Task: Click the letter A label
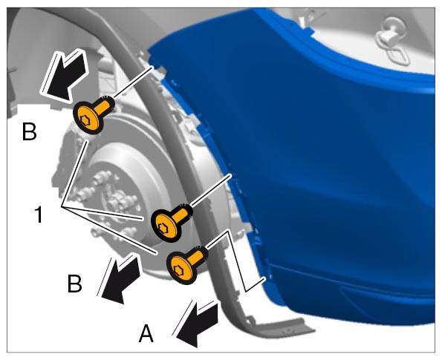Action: click(x=146, y=334)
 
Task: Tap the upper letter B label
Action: click(x=29, y=131)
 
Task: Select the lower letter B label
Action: click(x=75, y=283)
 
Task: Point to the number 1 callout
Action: click(x=39, y=215)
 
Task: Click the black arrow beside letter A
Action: click(x=196, y=324)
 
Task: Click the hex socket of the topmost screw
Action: click(x=85, y=120)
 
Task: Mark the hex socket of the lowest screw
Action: click(x=179, y=270)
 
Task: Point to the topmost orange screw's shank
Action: click(x=104, y=105)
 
